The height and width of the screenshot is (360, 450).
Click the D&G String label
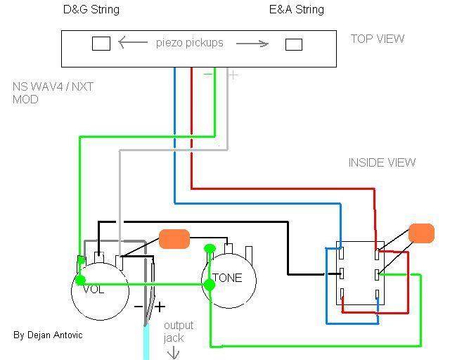click(91, 9)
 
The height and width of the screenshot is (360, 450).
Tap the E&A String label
click(297, 9)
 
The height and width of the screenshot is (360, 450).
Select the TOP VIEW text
click(378, 39)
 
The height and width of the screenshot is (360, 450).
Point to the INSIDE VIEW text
click(382, 163)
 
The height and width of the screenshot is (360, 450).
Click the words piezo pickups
click(189, 43)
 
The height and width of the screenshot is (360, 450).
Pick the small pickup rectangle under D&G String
click(101, 44)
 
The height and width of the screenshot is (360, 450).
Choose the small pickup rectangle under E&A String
click(294, 44)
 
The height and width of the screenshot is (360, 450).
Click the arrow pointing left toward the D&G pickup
click(133, 42)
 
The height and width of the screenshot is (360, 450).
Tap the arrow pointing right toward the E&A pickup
click(252, 44)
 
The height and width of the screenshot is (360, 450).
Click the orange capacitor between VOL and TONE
click(174, 239)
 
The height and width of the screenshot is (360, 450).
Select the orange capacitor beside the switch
click(421, 233)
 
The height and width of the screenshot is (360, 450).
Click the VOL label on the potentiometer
click(94, 289)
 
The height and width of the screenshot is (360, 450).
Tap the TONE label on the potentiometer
click(227, 278)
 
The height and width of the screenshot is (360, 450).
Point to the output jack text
click(179, 332)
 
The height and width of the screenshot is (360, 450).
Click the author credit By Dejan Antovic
click(48, 335)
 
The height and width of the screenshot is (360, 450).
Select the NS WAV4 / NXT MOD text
click(53, 93)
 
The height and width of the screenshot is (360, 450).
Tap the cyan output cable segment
click(146, 342)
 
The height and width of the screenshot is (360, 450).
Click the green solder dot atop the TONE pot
click(210, 248)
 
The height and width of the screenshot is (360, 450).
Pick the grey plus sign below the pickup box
click(233, 75)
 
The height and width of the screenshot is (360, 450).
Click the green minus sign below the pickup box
click(208, 75)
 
